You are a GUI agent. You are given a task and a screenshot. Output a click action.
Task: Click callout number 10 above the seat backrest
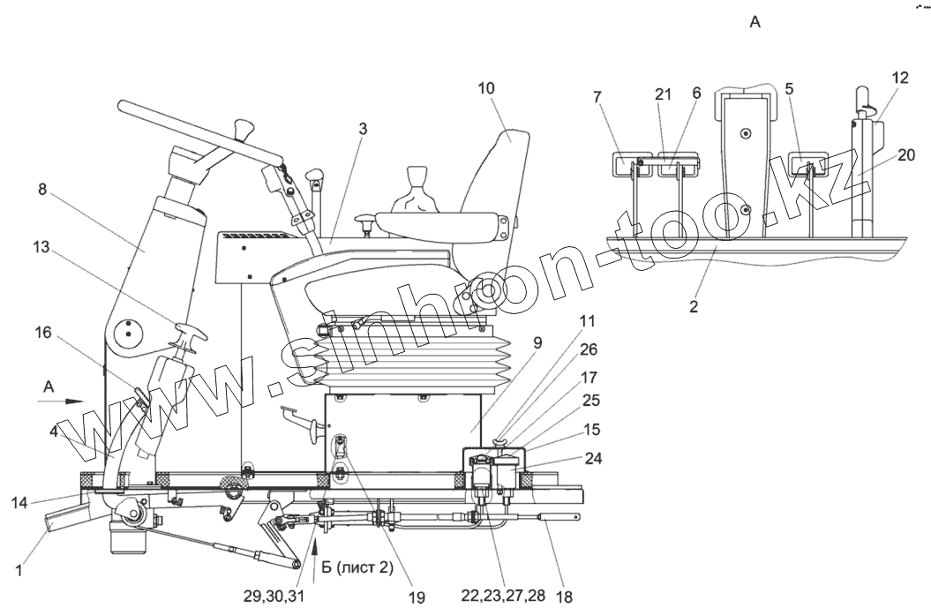coord(487,88)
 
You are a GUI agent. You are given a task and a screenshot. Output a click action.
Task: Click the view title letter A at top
coord(755,24)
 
